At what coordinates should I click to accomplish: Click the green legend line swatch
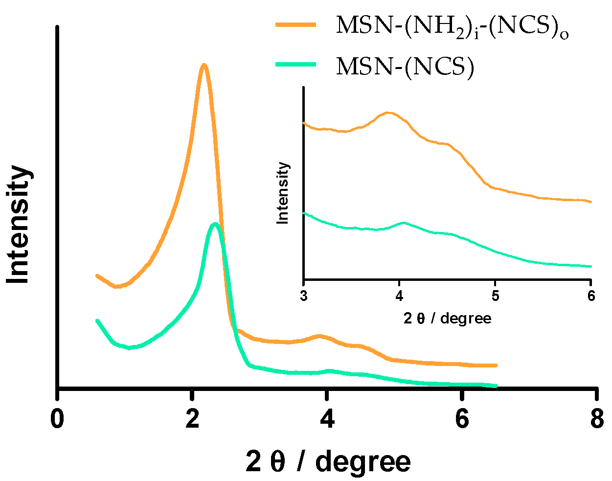[296, 65]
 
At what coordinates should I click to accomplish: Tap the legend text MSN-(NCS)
[405, 67]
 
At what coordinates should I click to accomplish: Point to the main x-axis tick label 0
[58, 419]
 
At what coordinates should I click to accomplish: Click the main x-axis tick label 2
[193, 419]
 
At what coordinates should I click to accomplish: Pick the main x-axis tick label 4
[327, 419]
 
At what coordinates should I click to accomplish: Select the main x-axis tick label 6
[462, 419]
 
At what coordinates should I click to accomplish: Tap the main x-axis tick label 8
[597, 419]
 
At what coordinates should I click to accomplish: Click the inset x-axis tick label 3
[304, 297]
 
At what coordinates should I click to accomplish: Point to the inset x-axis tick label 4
[400, 297]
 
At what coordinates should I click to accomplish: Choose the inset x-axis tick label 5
[495, 297]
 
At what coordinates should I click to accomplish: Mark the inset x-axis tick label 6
[591, 297]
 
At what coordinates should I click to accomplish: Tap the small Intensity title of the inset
[283, 193]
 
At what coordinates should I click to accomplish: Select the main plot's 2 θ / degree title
[328, 461]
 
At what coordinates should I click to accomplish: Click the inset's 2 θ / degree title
[447, 319]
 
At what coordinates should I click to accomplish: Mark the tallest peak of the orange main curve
[204, 66]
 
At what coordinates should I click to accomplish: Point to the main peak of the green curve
[214, 225]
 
